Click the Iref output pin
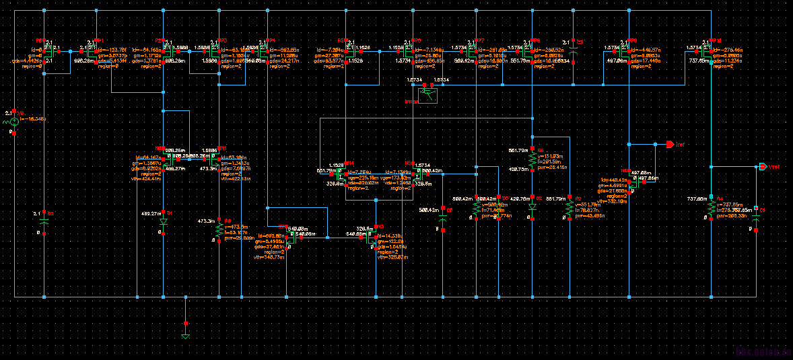coord(670,145)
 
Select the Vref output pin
coord(762,167)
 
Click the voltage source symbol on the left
coord(14,122)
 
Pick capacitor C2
coord(44,220)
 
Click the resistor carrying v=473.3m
coord(219,229)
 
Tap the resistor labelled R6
coord(532,159)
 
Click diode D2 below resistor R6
coord(532,207)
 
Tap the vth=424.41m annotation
coord(147,179)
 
